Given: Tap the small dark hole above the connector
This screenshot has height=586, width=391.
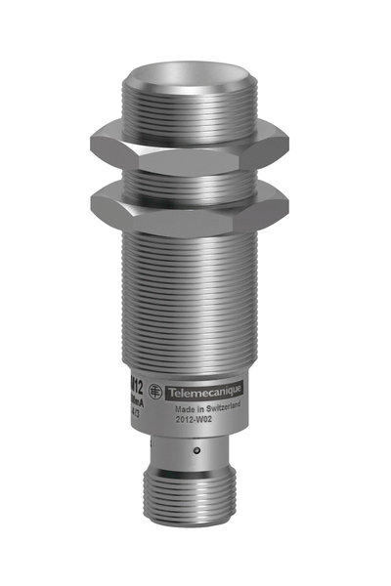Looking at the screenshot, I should coord(197,449).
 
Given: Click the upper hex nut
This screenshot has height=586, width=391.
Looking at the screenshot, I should coord(195,143).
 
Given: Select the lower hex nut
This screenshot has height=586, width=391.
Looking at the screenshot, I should coord(195,206).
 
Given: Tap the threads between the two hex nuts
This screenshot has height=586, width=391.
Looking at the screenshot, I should coord(195,176).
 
